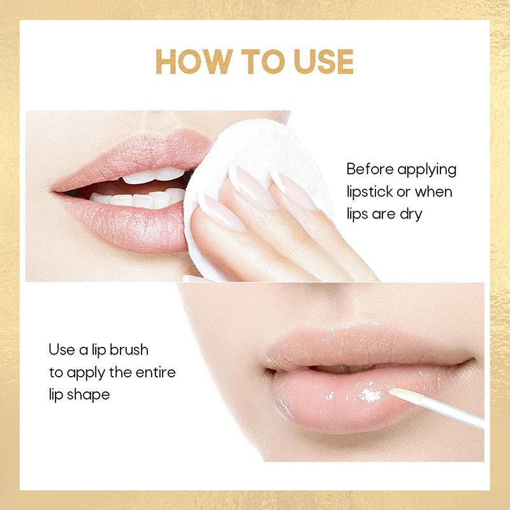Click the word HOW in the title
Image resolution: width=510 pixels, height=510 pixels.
pos(194,61)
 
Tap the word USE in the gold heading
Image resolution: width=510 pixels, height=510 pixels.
pos(324,61)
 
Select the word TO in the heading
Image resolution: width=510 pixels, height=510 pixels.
pos(263,61)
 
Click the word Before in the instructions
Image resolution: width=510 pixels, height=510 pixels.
pos(370,169)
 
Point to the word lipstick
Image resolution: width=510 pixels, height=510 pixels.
pos(370,193)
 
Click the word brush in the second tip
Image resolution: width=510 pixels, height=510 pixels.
pos(129,349)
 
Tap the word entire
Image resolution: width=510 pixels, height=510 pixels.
pos(156,372)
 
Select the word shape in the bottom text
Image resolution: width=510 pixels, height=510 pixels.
pos(88,395)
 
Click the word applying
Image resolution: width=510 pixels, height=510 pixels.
pos(426,170)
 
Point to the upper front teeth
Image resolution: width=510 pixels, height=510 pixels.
pos(154,176)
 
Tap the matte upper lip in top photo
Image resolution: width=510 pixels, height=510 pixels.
pos(136,156)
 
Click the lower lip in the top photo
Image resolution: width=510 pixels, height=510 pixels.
pos(127,224)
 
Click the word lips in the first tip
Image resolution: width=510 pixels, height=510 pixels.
pos(357,215)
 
